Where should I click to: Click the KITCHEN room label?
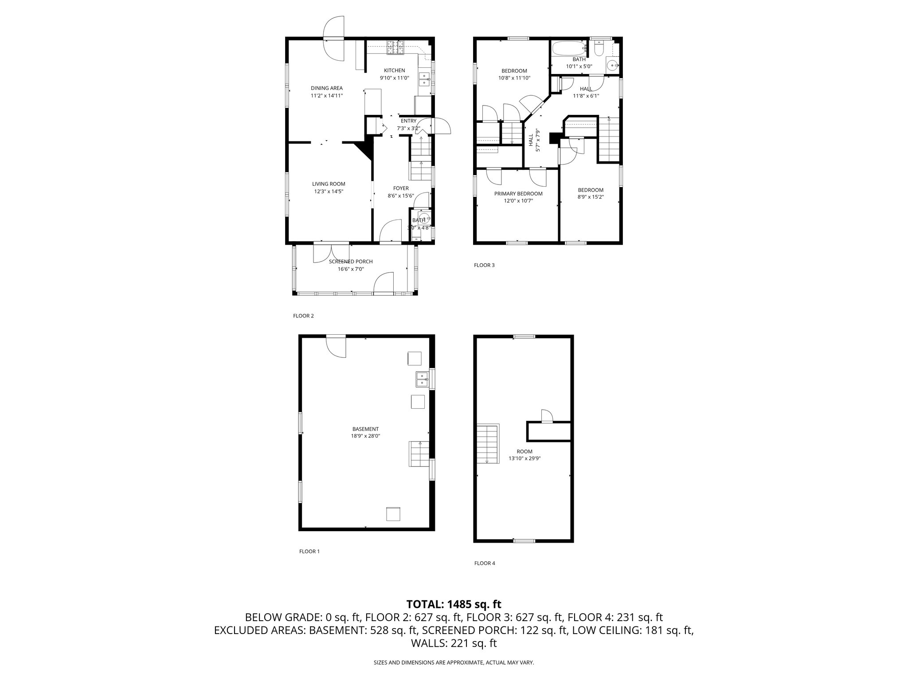[394, 70]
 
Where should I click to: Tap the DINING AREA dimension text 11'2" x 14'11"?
[326, 95]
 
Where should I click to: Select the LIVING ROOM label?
[328, 184]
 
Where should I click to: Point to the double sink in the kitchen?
[424, 79]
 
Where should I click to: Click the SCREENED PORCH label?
[350, 262]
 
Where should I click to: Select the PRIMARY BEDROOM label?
[518, 194]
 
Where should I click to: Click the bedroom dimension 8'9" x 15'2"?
[590, 197]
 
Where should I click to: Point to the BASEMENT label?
[365, 429]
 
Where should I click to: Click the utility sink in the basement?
[422, 380]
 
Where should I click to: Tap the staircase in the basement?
[419, 454]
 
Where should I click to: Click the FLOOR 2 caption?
[303, 316]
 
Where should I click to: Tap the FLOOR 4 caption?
[484, 563]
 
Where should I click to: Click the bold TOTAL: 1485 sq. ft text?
[454, 604]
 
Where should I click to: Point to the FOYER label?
[401, 188]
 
